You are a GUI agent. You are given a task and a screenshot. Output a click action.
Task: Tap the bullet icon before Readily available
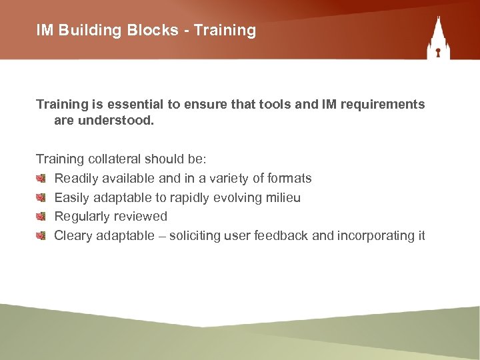[x=41, y=178]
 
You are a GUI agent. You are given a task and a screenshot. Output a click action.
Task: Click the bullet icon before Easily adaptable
[x=41, y=197]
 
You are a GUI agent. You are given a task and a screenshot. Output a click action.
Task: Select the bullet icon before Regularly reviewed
[x=41, y=216]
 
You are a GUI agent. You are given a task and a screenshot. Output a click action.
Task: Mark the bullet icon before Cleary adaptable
[x=41, y=235]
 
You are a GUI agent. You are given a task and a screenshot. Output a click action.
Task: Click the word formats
[x=289, y=178]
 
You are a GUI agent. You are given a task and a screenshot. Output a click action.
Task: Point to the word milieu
[x=283, y=197]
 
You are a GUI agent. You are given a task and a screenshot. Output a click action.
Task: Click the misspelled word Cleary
[x=73, y=236]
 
